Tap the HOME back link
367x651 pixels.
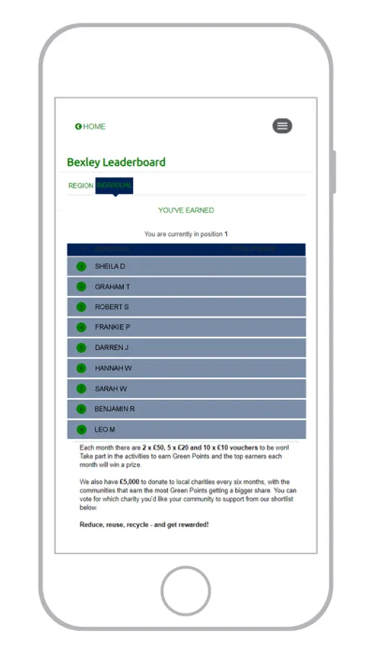coord(90,127)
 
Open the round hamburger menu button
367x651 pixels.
coord(282,126)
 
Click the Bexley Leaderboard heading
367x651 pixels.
coord(116,162)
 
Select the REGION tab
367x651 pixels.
coord(80,186)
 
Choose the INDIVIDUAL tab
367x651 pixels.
coord(114,186)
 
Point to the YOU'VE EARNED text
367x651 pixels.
coord(186,210)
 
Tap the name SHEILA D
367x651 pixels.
coord(110,266)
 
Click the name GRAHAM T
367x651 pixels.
coord(112,287)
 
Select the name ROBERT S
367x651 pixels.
coord(111,307)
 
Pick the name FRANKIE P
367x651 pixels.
coord(112,328)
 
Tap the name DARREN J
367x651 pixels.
coord(111,348)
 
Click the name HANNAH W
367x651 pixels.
coord(113,368)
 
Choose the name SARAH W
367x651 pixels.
coord(111,388)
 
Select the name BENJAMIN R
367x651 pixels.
coord(114,409)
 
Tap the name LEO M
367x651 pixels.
coord(105,430)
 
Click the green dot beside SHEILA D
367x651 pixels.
coord(81,266)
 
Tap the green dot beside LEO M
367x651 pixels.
coord(81,430)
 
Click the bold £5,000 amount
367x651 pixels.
coord(130,482)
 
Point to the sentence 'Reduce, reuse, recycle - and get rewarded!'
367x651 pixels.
coord(144,524)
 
